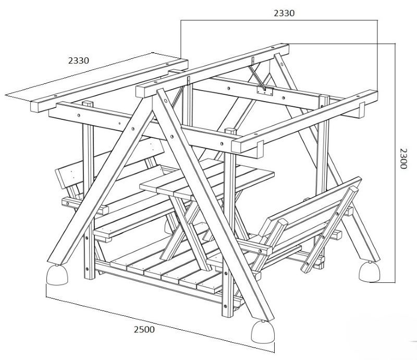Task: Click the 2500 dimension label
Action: (144, 329)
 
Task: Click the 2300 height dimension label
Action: (403, 158)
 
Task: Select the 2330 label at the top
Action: (284, 13)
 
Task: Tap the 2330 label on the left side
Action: (79, 60)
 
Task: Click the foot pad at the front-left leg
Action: (57, 275)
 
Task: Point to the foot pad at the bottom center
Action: (263, 331)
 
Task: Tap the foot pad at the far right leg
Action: (369, 271)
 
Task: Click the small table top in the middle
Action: (207, 179)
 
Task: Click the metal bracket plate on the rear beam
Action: (265, 92)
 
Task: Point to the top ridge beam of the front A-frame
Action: (212, 71)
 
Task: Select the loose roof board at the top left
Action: (109, 85)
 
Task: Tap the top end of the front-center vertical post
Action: (230, 131)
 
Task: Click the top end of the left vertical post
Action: (88, 103)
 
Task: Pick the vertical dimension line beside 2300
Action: (395, 163)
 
